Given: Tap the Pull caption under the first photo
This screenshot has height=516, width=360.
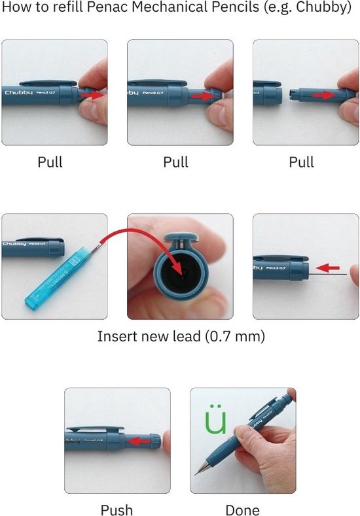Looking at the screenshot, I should point(50,162).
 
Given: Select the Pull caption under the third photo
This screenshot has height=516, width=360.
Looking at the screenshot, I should point(301,162).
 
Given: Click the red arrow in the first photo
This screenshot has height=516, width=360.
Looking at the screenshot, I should point(94,95).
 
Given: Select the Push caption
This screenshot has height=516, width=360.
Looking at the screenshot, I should point(117,510).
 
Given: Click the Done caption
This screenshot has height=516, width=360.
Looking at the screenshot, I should point(242,510).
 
